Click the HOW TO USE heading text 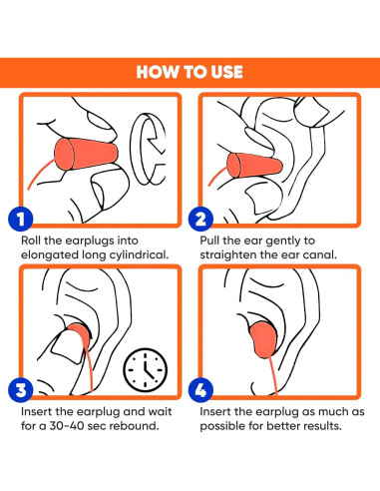point(190,72)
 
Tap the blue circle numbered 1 point(21,219)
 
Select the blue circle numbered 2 point(200,219)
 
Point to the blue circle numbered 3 point(21,390)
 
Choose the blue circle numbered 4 point(200,390)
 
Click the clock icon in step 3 point(146,370)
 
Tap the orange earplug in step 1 point(86,154)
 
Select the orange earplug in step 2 point(254,166)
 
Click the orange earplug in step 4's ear point(263,339)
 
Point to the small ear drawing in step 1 point(148,149)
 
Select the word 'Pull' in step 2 point(209,241)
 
